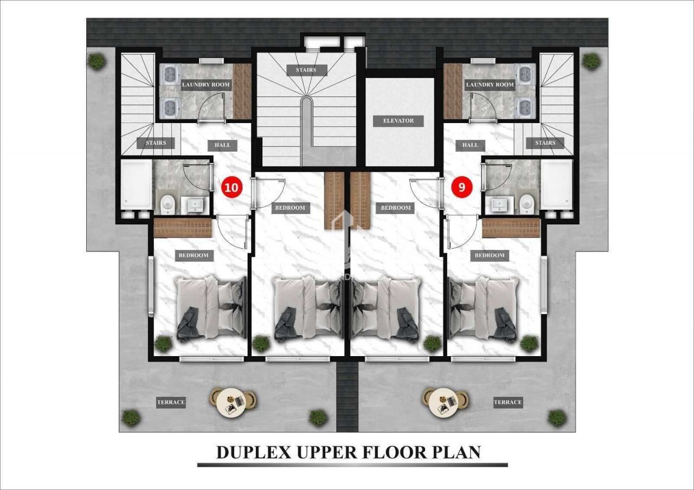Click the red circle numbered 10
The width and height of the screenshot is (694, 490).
click(x=232, y=188)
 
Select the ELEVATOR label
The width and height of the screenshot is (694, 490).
click(x=398, y=121)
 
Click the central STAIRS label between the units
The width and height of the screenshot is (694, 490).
click(x=306, y=70)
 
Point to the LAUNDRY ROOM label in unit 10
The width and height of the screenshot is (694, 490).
click(x=205, y=85)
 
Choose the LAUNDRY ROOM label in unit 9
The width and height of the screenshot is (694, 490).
click(x=490, y=85)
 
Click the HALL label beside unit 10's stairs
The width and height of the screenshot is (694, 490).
click(x=222, y=145)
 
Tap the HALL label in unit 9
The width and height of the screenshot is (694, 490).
click(x=470, y=145)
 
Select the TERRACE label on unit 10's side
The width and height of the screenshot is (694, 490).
click(x=171, y=402)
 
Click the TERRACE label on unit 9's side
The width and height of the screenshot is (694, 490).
click(x=508, y=402)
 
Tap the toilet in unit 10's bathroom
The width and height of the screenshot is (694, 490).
click(x=168, y=203)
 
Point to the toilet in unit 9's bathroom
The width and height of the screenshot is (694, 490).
click(x=526, y=203)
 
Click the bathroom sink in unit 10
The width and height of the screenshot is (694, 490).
click(x=195, y=205)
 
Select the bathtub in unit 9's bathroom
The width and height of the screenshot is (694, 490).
click(x=556, y=185)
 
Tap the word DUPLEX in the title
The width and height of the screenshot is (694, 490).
click(x=254, y=453)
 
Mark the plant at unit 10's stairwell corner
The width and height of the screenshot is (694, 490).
click(x=97, y=61)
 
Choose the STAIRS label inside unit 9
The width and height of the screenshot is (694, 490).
click(x=545, y=143)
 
